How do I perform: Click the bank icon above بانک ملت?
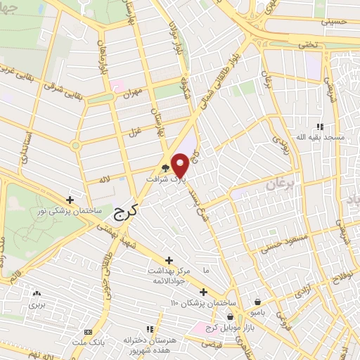pyautogui.click(x=87, y=332)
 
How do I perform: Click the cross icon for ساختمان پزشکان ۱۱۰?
pyautogui.click(x=203, y=292)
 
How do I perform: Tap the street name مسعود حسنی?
pyautogui.click(x=279, y=246)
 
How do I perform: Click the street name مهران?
pyautogui.click(x=131, y=92)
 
